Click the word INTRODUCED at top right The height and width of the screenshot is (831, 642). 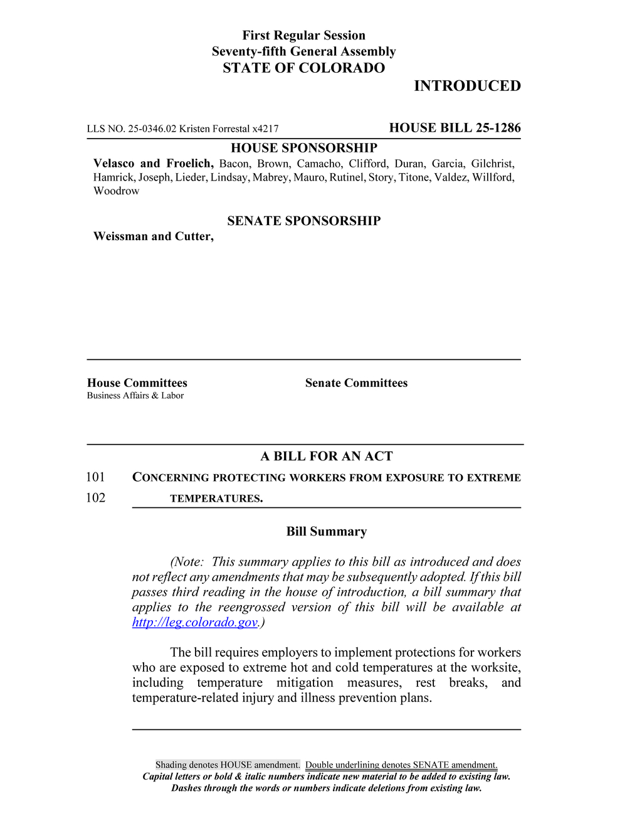467,86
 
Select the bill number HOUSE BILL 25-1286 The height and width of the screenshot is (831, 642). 455,128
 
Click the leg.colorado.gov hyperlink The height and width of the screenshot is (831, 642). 195,622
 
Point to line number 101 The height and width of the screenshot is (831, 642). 96,477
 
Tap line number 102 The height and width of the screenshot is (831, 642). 96,498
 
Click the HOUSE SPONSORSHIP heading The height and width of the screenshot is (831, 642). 304,148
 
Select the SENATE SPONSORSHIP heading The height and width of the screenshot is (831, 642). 304,221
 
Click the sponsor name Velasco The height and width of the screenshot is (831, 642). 113,164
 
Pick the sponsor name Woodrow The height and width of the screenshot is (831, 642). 117,191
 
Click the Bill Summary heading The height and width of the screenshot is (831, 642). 327,532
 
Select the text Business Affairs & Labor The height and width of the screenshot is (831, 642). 135,396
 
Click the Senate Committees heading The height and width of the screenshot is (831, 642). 356,383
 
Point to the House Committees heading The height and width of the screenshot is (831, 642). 137,383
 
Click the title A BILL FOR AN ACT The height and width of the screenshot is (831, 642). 327,457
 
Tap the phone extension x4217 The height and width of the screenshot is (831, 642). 265,129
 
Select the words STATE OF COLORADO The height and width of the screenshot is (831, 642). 304,68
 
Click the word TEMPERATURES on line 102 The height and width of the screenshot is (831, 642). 216,499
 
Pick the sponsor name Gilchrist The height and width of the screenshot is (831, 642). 492,164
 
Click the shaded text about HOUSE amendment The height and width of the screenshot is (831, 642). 228,765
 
